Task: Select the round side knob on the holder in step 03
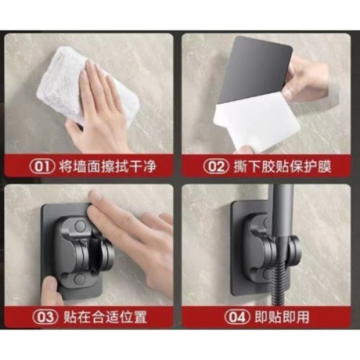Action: click(107, 253)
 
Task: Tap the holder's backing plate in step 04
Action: click(245, 281)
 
